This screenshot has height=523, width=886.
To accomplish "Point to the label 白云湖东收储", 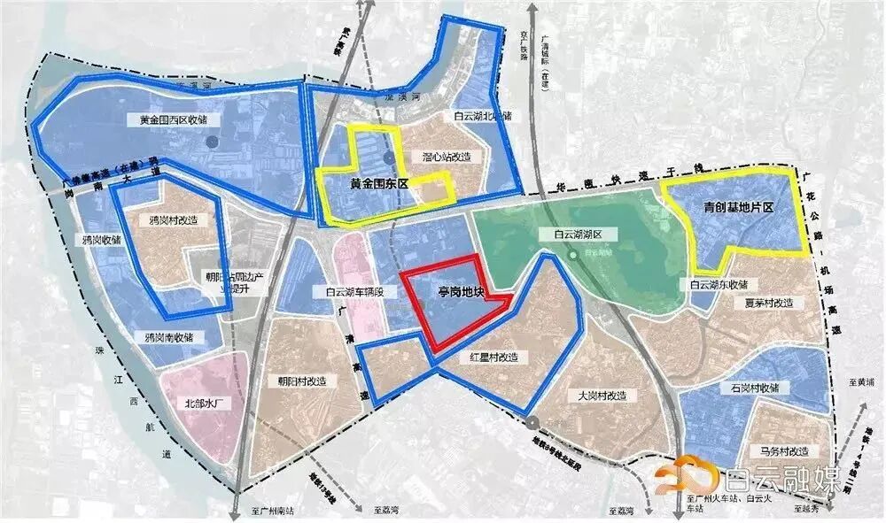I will [719, 285].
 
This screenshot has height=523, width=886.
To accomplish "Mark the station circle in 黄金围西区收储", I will [211, 141].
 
